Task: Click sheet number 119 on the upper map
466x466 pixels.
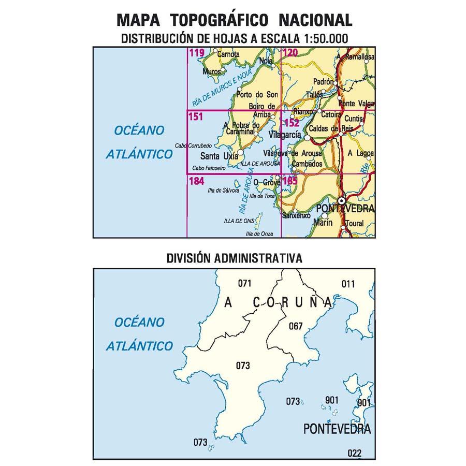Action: pos(196,52)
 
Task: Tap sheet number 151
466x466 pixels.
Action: pos(196,118)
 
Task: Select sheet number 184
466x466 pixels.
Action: pos(197,182)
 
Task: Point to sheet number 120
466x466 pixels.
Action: pos(291,52)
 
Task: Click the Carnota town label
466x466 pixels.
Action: pos(228,54)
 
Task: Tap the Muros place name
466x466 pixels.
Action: pos(212,71)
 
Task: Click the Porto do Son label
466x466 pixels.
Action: pos(257,95)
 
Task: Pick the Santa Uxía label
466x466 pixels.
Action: pos(219,156)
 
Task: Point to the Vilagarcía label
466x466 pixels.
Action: pos(286,135)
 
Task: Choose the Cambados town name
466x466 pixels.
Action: pos(307,164)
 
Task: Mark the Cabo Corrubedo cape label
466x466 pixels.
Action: pos(193,145)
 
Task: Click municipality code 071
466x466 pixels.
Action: pos(244,283)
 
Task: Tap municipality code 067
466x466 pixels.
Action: pos(295,326)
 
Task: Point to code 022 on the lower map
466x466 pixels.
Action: pos(355,453)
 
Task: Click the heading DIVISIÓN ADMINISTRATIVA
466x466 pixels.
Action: pos(234,258)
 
